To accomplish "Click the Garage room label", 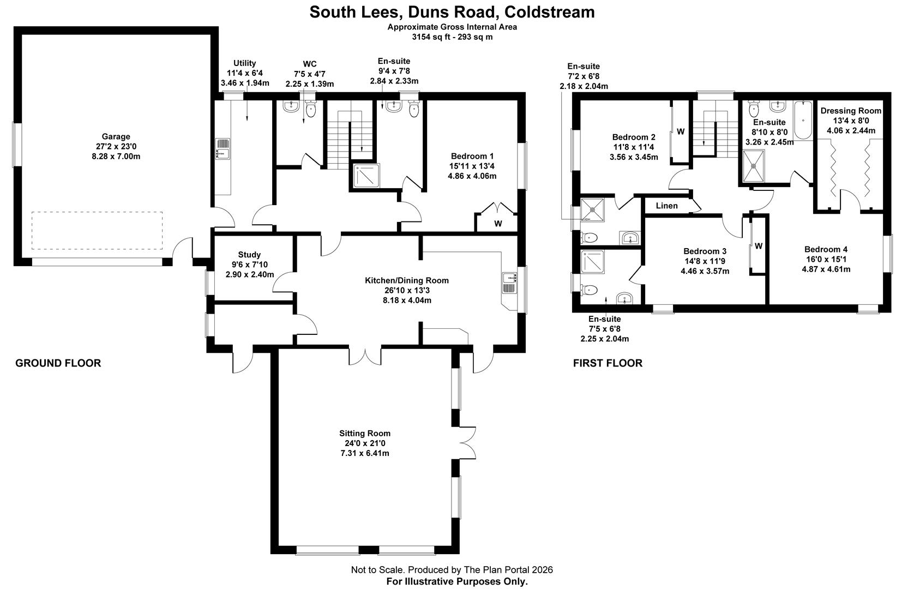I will click(x=116, y=137).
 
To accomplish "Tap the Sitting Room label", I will click(x=364, y=434).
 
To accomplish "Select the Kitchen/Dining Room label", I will click(x=406, y=280).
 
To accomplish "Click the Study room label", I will click(x=249, y=255).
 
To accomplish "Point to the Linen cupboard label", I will click(x=666, y=206).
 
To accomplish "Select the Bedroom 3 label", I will click(x=705, y=251).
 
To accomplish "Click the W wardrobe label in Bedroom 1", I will click(x=498, y=224).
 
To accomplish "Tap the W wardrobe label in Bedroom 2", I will click(x=681, y=131).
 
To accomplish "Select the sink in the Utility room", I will click(x=223, y=148).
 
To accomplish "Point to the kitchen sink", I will click(x=509, y=284).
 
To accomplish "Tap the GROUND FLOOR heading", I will click(x=58, y=363).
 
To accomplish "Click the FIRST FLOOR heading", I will click(x=608, y=363).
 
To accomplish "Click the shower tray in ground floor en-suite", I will click(x=366, y=176).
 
